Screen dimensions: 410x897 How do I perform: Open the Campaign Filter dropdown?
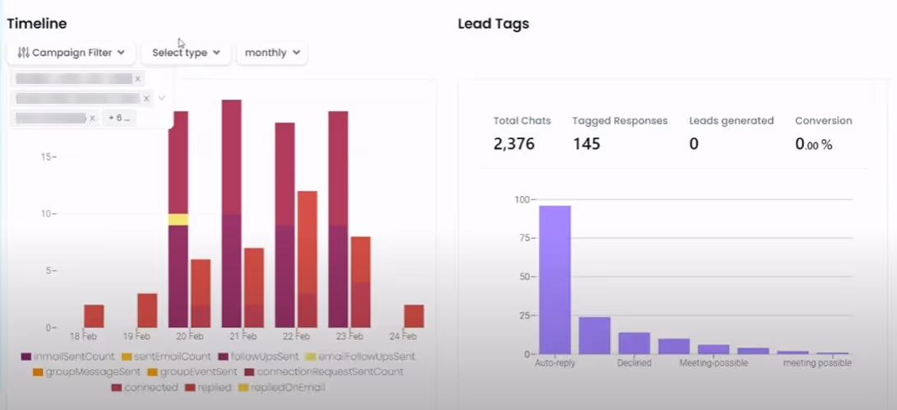pyautogui.click(x=71, y=53)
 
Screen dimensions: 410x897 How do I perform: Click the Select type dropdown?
pyautogui.click(x=186, y=53)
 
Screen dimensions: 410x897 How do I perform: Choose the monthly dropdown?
pyautogui.click(x=272, y=53)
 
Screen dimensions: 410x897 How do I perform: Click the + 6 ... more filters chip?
pyautogui.click(x=120, y=118)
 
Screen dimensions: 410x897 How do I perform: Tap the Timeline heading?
pyautogui.click(x=37, y=24)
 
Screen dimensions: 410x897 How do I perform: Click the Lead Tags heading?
pyautogui.click(x=493, y=24)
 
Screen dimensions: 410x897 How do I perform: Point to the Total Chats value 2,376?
pyautogui.click(x=514, y=144)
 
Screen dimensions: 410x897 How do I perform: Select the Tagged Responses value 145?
pyautogui.click(x=586, y=144)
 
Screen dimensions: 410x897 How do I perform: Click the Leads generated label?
pyautogui.click(x=731, y=120)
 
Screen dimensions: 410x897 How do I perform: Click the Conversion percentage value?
pyautogui.click(x=813, y=144)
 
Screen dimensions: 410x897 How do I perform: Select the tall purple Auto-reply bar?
pyautogui.click(x=555, y=280)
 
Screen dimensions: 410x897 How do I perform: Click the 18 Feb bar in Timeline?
pyautogui.click(x=94, y=316)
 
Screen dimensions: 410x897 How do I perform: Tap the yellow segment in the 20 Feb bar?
pyautogui.click(x=178, y=219)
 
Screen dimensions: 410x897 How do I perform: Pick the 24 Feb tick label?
pyautogui.click(x=403, y=337)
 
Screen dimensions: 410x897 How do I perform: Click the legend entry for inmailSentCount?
pyautogui.click(x=67, y=356)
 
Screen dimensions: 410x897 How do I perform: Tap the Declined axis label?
pyautogui.click(x=634, y=362)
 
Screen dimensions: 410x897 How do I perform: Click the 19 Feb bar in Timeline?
pyautogui.click(x=147, y=310)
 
